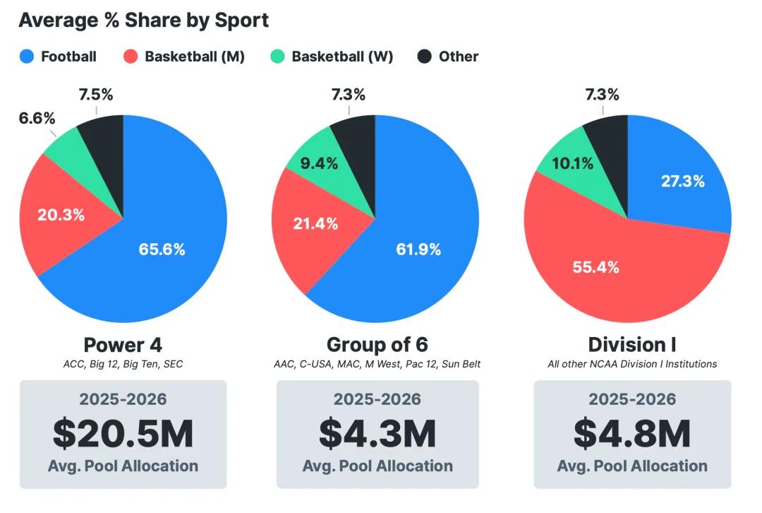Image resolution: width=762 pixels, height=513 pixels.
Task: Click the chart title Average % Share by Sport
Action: (x=144, y=20)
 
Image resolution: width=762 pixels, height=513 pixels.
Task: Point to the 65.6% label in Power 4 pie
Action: (x=162, y=249)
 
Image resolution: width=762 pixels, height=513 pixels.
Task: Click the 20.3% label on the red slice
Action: (x=61, y=215)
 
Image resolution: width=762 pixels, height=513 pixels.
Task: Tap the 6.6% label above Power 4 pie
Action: (x=37, y=118)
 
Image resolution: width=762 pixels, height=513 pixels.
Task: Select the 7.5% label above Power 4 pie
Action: (x=95, y=95)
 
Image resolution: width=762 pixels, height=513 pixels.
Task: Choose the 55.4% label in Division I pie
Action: (x=595, y=267)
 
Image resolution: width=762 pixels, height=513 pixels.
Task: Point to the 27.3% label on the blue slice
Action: (x=682, y=181)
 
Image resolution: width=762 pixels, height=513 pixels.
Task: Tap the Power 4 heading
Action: (x=123, y=345)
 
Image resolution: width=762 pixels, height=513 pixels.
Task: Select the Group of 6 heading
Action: (x=377, y=345)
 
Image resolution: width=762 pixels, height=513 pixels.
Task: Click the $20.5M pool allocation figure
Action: (x=123, y=433)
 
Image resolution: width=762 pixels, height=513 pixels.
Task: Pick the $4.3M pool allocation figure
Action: (x=377, y=433)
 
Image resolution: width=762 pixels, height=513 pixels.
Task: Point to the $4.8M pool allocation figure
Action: (x=631, y=433)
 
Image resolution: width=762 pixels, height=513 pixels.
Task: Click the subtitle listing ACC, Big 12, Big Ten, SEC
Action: (x=123, y=364)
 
